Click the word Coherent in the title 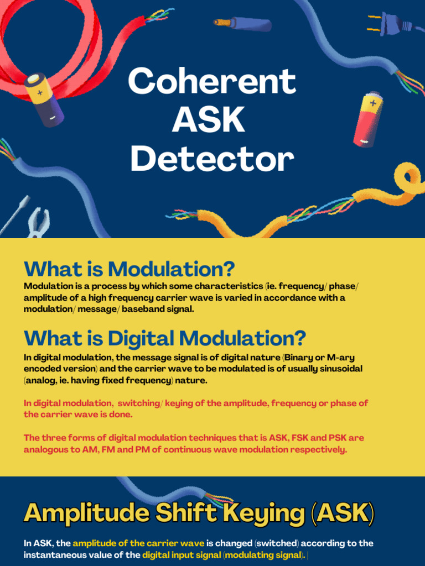[212, 81]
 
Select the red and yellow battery [369, 120]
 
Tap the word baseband [142, 309]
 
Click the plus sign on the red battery [373, 103]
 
